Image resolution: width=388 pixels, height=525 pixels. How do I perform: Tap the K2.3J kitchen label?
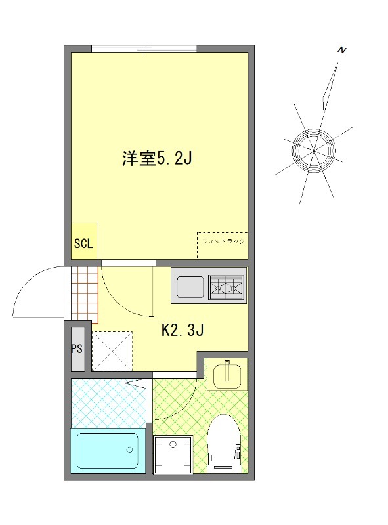click(x=183, y=330)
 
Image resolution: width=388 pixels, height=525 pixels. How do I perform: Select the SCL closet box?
click(x=83, y=243)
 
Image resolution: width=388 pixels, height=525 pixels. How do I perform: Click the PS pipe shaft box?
click(x=77, y=348)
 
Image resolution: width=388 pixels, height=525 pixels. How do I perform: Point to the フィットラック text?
click(x=223, y=241)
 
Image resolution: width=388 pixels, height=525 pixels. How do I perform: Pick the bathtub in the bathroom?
click(x=108, y=451)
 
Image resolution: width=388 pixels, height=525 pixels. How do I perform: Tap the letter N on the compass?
click(x=341, y=50)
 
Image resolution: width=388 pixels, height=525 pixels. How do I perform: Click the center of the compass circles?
click(x=314, y=150)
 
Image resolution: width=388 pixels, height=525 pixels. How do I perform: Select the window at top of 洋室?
click(x=144, y=49)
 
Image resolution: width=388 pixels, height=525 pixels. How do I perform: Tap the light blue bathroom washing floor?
click(x=108, y=402)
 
